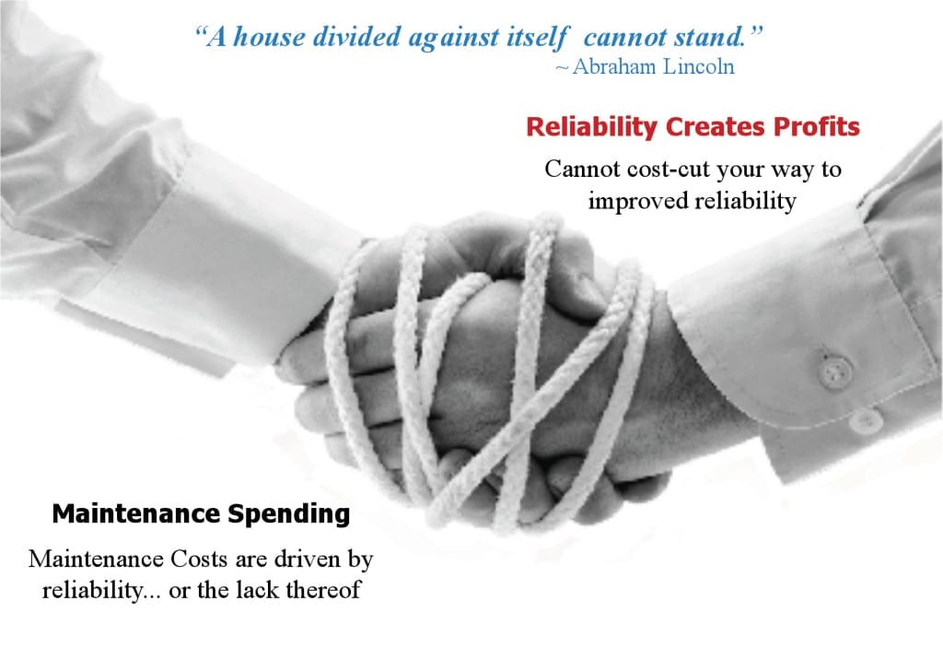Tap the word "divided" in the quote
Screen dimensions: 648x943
click(x=362, y=38)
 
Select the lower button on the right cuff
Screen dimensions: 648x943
click(x=866, y=421)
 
